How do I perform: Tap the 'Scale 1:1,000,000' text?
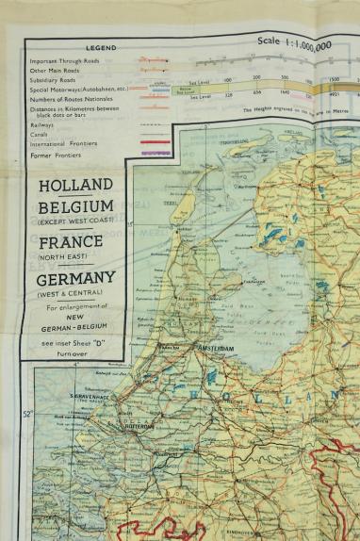coord(306,43)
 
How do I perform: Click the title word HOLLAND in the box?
coord(74,186)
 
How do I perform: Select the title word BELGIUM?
coord(74,207)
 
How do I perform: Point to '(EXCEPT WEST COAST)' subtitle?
coord(74,221)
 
